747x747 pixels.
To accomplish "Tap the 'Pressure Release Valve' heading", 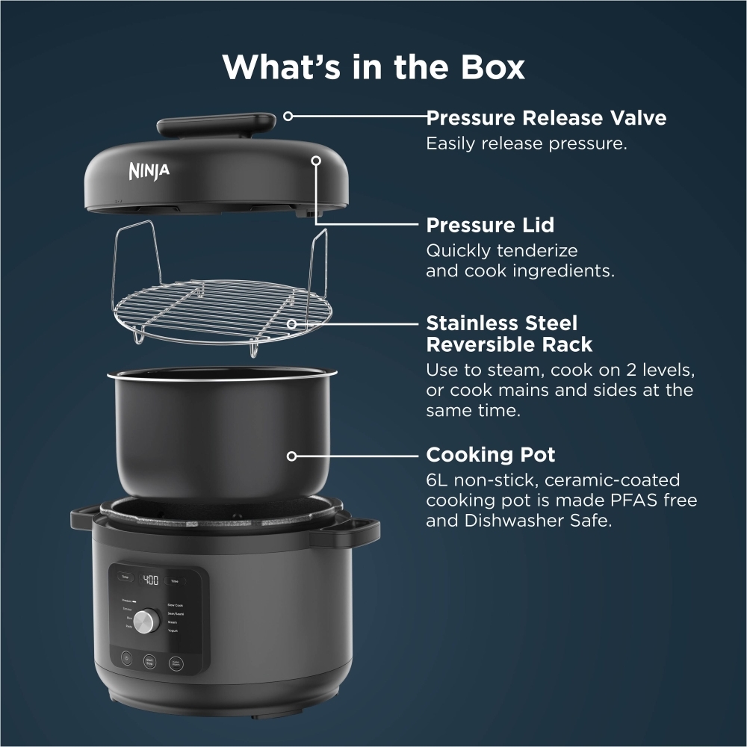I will click(546, 118).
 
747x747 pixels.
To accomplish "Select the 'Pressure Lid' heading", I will click(490, 225).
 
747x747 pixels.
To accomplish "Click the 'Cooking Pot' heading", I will click(491, 455).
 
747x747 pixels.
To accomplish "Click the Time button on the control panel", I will click(175, 580).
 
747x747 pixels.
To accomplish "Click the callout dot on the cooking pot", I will click(293, 455).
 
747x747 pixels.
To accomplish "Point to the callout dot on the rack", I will click(293, 324).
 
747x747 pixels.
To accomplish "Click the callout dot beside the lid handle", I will click(288, 117).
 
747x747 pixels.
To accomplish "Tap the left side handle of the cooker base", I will click(84, 521).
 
